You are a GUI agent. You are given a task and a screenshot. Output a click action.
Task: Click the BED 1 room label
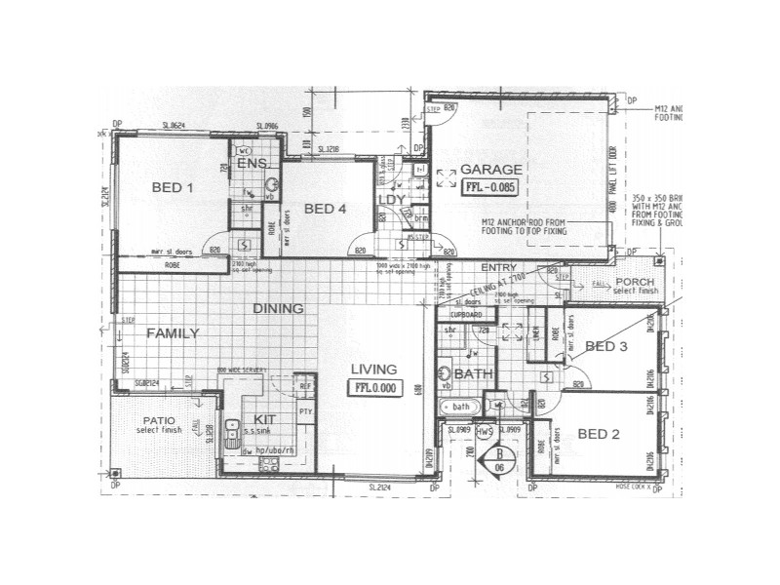172,187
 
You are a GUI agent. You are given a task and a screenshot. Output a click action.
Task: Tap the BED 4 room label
324,208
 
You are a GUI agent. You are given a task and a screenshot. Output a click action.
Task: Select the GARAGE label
490,169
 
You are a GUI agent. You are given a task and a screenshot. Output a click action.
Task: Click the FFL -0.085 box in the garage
489,185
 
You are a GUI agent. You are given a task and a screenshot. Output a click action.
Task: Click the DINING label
278,308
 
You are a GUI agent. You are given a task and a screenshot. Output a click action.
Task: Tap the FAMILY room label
173,333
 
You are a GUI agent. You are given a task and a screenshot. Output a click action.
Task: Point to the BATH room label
473,373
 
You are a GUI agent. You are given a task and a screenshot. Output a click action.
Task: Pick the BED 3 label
605,346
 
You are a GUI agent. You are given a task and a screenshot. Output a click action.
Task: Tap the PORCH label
634,283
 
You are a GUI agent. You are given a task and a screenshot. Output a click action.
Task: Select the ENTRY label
498,267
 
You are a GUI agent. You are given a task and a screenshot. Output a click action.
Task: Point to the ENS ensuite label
252,164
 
